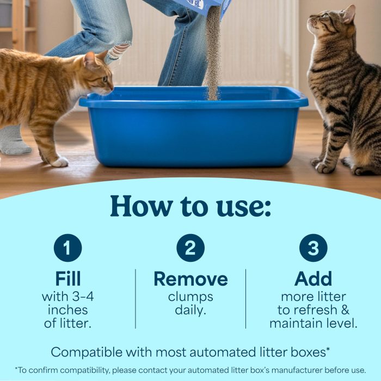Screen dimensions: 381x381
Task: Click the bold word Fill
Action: point(67,279)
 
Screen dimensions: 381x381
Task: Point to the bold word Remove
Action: point(190,279)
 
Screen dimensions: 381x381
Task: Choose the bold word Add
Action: point(313,279)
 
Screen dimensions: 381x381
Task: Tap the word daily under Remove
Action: point(190,310)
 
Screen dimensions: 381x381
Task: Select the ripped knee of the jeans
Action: point(119,52)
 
